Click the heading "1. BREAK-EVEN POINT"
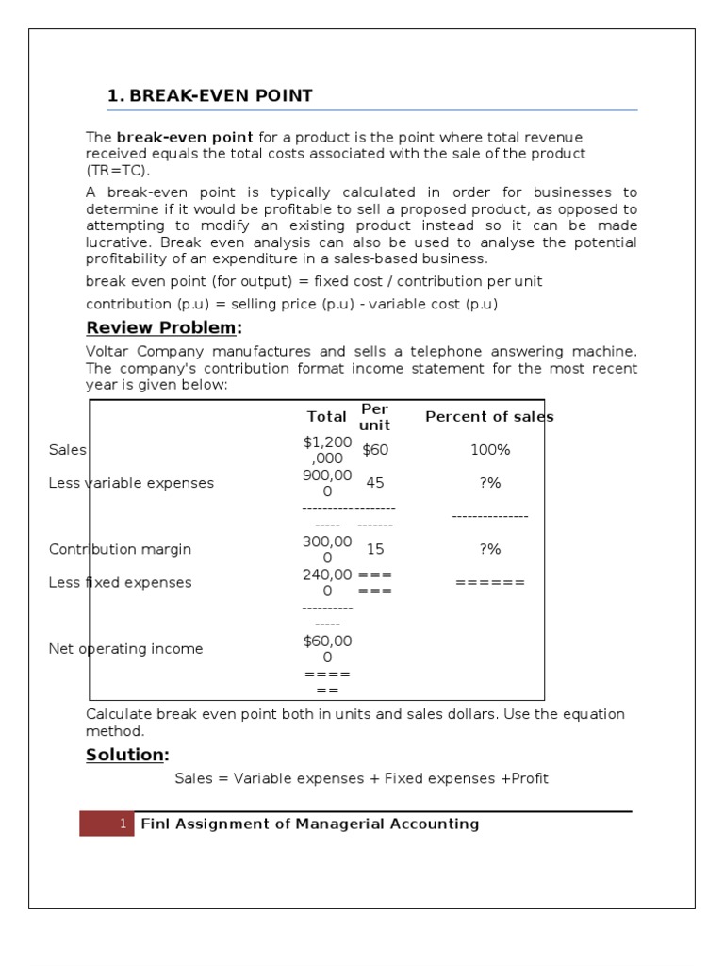coord(210,96)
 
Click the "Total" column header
coord(326,417)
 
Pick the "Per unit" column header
coord(374,417)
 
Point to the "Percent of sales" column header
coord(489,417)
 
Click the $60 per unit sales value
coord(374,450)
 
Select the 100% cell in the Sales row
coord(489,450)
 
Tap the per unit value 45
coord(374,483)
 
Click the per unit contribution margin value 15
coord(374,549)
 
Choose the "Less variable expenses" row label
coord(131,483)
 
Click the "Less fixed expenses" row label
coord(120,582)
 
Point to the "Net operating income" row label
coord(125,649)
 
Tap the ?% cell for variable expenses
coord(489,483)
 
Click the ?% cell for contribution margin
coord(489,549)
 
